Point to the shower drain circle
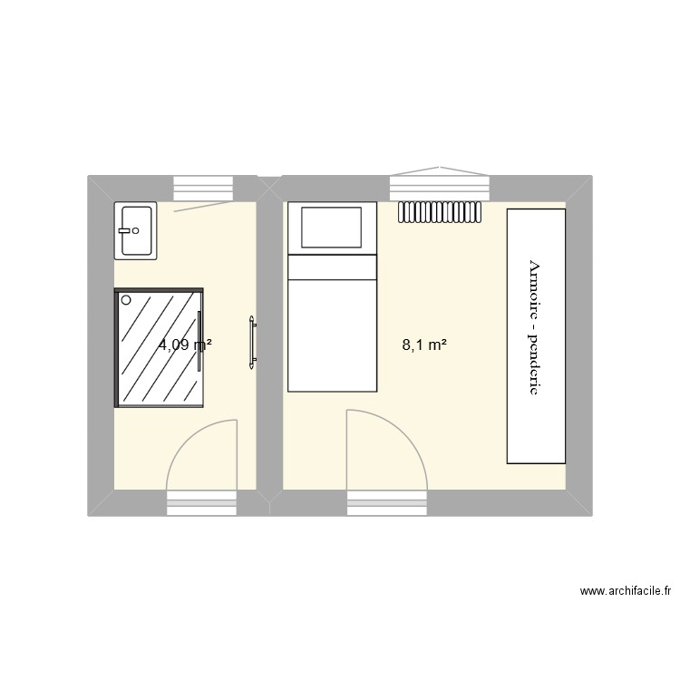[x=126, y=299]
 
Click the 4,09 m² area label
[x=185, y=345]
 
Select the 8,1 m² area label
[x=424, y=345]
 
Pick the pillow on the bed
[x=331, y=226]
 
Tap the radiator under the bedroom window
[x=439, y=211]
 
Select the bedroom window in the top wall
[x=439, y=188]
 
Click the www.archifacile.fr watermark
[x=625, y=592]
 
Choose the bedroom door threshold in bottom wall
[x=387, y=503]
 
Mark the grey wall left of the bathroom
[x=100, y=345]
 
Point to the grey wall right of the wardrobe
[x=578, y=345]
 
